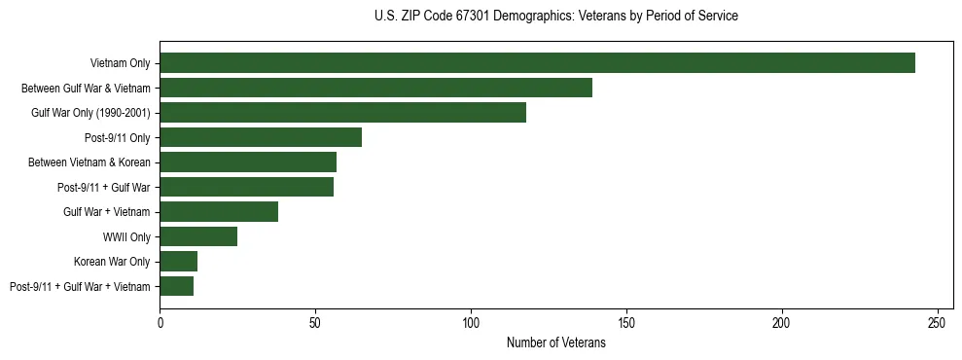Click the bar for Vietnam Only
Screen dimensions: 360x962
(537, 63)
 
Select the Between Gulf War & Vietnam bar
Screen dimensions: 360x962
(375, 88)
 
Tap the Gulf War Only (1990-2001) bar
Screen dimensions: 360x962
(342, 113)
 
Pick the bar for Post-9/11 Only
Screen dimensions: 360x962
(261, 137)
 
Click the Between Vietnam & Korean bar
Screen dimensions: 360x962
(248, 162)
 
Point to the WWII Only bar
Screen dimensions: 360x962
(198, 236)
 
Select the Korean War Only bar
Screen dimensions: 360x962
(179, 261)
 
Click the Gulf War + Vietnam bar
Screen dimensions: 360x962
(219, 211)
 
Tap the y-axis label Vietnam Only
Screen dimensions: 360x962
(120, 63)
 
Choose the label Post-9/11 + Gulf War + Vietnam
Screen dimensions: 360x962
(80, 286)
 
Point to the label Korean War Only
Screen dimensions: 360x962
(112, 261)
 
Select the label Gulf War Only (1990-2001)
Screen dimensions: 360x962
(90, 113)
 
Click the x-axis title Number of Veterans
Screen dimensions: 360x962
(555, 343)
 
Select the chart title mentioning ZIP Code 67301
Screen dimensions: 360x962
(555, 17)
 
